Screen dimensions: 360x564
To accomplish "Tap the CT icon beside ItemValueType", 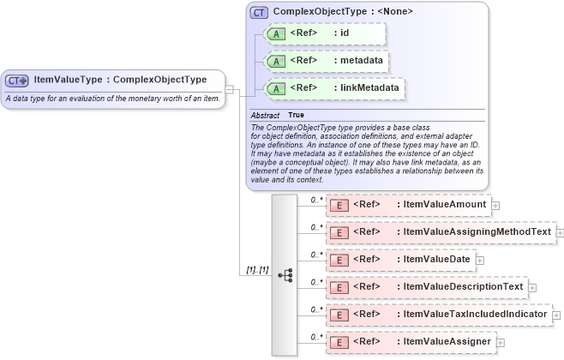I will click(x=17, y=81).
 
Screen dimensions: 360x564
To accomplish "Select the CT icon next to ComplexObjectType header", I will click(x=258, y=12).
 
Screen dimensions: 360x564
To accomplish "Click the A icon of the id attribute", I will click(x=277, y=33).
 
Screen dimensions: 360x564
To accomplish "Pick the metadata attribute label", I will click(x=361, y=61).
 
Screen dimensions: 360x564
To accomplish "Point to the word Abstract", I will click(x=266, y=115).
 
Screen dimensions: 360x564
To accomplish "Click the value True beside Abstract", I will click(x=296, y=115).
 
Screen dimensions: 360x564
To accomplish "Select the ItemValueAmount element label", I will click(x=443, y=205).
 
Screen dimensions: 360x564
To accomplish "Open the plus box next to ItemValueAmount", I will click(x=495, y=206).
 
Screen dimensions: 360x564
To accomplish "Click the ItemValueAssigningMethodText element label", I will click(x=477, y=232).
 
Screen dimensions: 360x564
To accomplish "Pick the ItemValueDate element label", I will click(x=436, y=260).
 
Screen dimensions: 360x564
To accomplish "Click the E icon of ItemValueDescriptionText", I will click(x=339, y=287).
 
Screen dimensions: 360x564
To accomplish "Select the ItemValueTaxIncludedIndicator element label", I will click(x=474, y=315).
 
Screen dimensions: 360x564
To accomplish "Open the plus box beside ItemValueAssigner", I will click(x=501, y=343).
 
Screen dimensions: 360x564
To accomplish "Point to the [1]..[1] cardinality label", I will click(x=257, y=270).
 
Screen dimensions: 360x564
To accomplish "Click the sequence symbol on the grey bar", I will click(x=285, y=275).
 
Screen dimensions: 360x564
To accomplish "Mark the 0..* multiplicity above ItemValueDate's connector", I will click(x=315, y=255).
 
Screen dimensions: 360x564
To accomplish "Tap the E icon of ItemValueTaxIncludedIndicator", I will click(x=339, y=315).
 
